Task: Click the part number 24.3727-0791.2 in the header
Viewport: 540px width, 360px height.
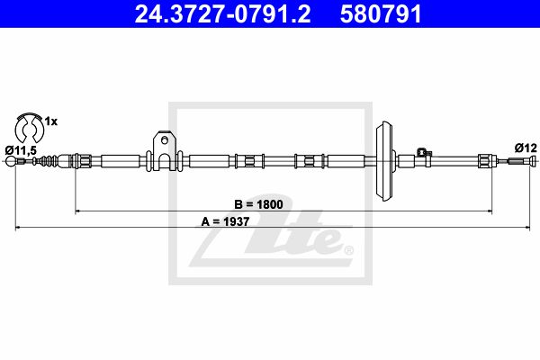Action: click(x=222, y=13)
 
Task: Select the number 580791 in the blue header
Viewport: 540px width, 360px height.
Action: click(x=381, y=13)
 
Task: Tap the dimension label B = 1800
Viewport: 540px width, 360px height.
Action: click(x=258, y=204)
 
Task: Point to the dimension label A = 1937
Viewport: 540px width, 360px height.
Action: click(x=225, y=221)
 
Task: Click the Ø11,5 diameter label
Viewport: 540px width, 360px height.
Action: click(x=21, y=150)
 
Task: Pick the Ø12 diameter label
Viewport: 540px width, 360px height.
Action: click(x=526, y=148)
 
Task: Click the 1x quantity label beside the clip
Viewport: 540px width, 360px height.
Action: click(x=51, y=121)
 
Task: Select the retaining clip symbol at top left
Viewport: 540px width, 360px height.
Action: click(x=30, y=128)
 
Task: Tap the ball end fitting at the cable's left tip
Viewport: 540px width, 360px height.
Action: click(x=11, y=161)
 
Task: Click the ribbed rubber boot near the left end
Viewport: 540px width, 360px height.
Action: click(x=48, y=160)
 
